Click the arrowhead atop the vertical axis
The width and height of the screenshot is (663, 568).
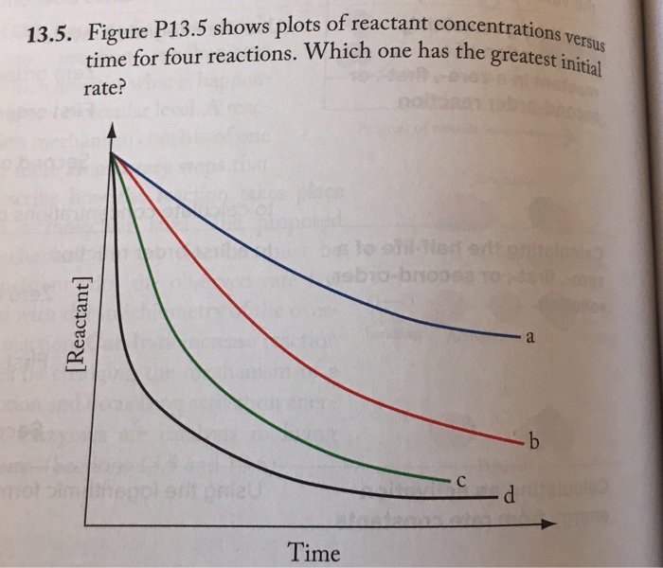113,132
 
